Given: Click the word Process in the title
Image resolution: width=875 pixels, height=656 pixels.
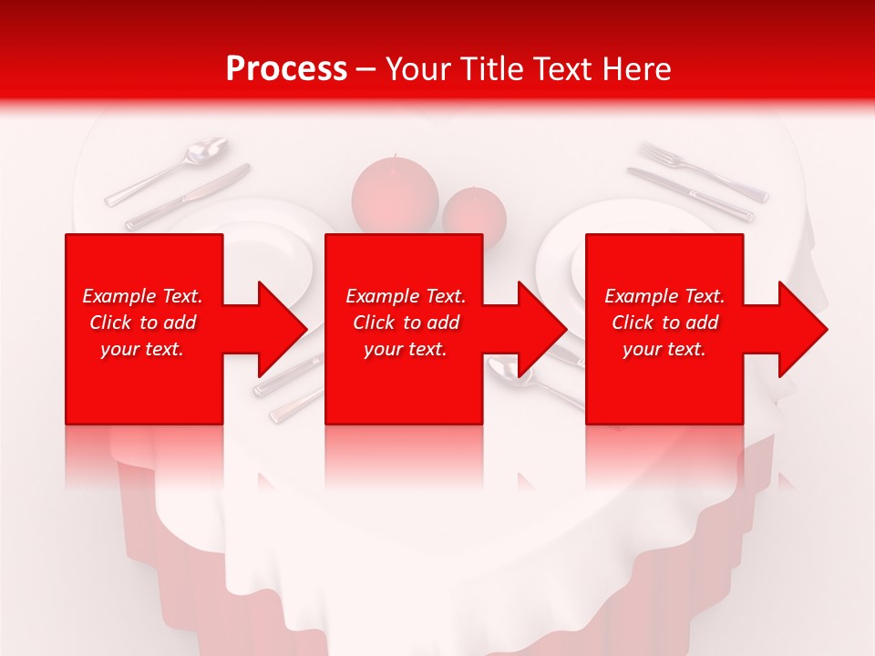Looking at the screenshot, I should (286, 68).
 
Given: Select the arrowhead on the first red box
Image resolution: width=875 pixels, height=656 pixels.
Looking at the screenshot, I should (278, 329).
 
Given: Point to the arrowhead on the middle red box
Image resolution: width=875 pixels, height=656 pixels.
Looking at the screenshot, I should (539, 329).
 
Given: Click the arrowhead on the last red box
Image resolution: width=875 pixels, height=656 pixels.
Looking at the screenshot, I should (800, 329).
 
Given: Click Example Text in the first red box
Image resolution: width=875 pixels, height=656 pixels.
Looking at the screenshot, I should (142, 296).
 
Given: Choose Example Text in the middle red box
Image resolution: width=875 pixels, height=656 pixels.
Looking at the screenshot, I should (406, 296).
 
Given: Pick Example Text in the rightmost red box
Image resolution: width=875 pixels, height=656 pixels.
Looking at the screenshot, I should (664, 296).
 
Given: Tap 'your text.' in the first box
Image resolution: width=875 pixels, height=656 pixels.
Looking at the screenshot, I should (142, 349).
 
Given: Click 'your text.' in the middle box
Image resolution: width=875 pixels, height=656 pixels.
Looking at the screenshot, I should (406, 349).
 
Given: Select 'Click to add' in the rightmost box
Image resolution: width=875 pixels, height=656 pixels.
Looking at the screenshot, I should (664, 323).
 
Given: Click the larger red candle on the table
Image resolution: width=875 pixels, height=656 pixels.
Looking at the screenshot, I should (395, 193).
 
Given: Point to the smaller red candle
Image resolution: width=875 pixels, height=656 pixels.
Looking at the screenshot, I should (475, 215).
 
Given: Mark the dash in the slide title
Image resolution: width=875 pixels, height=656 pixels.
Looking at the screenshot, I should (366, 69).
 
